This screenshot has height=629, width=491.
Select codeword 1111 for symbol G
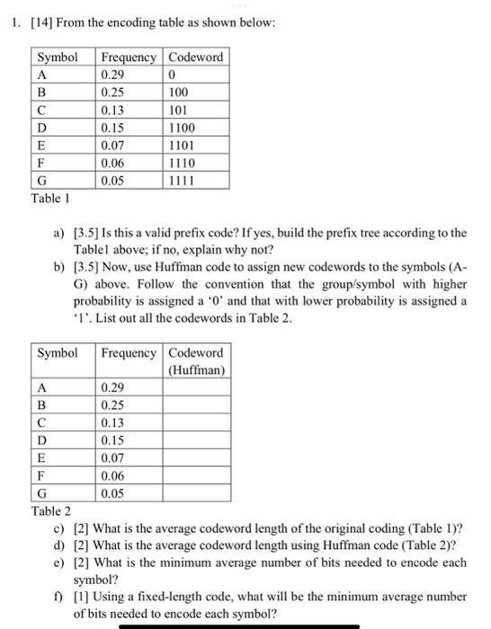[x=182, y=180]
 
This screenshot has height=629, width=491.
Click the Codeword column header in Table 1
[x=195, y=58]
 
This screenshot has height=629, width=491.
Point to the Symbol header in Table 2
[x=58, y=352]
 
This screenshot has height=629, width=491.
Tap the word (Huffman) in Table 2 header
[x=196, y=369]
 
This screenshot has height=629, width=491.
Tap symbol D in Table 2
[x=41, y=441]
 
